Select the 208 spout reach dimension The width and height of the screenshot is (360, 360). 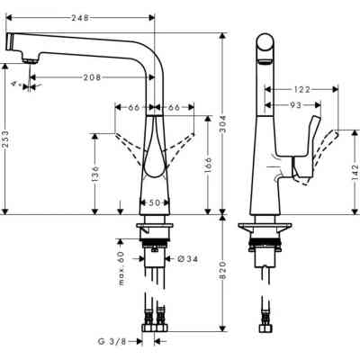pyautogui.click(x=93, y=78)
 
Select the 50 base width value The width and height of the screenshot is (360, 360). pyautogui.click(x=156, y=203)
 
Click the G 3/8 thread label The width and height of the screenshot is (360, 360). pyautogui.click(x=113, y=342)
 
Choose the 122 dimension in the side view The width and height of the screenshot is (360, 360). pyautogui.click(x=301, y=90)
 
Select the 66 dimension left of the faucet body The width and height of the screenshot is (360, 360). pyautogui.click(x=133, y=108)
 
